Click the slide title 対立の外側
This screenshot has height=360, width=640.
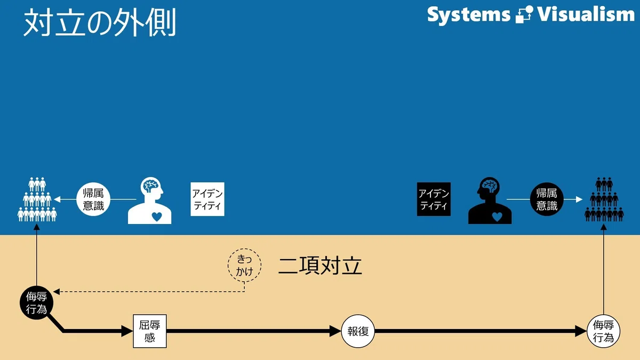(99, 22)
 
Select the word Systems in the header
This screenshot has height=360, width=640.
(469, 15)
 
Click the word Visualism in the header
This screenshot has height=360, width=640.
(586, 14)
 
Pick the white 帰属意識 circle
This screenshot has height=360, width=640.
(93, 199)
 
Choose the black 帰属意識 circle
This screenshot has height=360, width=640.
(547, 199)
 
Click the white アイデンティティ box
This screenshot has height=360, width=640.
(207, 199)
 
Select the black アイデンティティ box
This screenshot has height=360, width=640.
(434, 199)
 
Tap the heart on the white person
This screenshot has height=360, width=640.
(157, 217)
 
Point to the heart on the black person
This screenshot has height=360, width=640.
(497, 217)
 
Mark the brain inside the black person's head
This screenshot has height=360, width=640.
(490, 186)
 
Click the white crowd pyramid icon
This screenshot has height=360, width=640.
(37, 199)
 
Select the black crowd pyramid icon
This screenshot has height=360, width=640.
(604, 199)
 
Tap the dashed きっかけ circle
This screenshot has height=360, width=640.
(245, 265)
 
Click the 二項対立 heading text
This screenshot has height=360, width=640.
(321, 266)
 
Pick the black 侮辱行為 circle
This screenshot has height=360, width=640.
(37, 302)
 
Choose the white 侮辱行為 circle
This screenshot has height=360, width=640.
(603, 331)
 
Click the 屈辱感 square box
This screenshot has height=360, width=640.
(150, 331)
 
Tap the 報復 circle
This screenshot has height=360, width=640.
(358, 331)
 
